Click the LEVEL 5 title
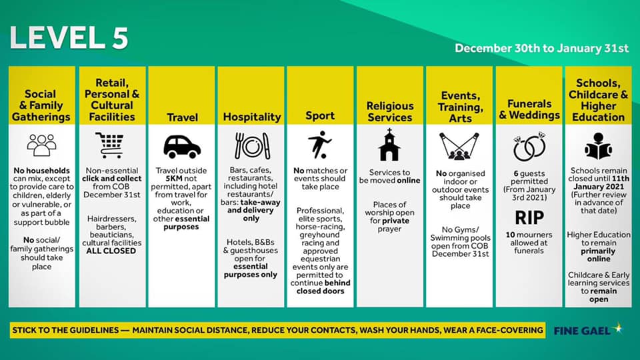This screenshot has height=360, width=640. tap(69, 38)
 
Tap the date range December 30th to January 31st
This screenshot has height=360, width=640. tap(541, 48)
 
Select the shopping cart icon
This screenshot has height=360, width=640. tap(109, 145)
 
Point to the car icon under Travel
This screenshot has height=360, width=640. tap(181, 147)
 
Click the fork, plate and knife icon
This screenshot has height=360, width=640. tap(252, 146)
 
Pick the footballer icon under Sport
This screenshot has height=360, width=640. tap(319, 145)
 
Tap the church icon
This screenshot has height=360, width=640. tap(389, 145)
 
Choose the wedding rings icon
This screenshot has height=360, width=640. tap(529, 147)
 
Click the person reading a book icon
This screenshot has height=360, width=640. tap(599, 146)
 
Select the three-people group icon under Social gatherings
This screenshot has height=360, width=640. tap(41, 145)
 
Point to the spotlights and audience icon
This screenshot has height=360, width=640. tap(459, 146)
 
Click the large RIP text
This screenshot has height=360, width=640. tap(529, 217)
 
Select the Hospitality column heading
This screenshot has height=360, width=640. tap(252, 117)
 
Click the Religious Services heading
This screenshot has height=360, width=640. tap(390, 112)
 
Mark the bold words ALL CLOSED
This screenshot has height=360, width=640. tap(111, 251)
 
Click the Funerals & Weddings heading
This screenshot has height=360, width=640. tap(529, 109)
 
